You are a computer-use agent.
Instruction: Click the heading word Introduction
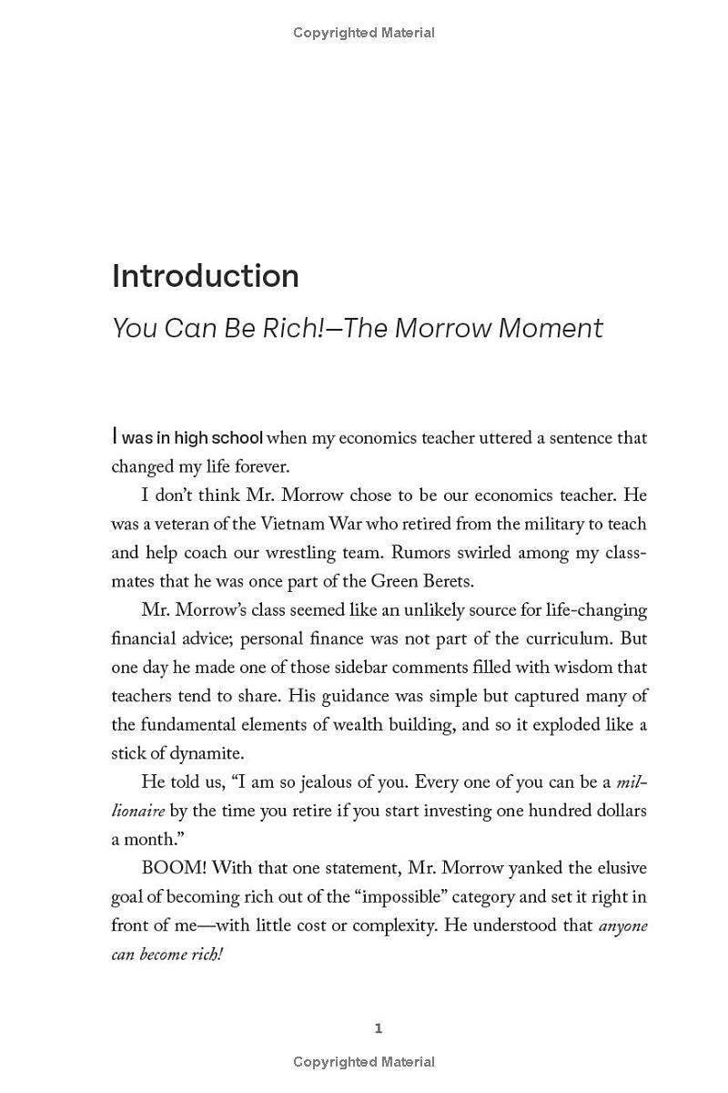pos(205,276)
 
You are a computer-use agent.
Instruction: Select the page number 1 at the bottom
pos(379,1028)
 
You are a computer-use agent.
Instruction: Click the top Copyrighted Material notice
pos(364,33)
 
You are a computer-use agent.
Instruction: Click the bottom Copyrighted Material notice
pos(364,1062)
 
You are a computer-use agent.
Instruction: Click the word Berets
pos(444,581)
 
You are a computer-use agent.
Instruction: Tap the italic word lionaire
pos(137,811)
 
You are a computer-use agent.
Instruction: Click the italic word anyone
pos(622,925)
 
